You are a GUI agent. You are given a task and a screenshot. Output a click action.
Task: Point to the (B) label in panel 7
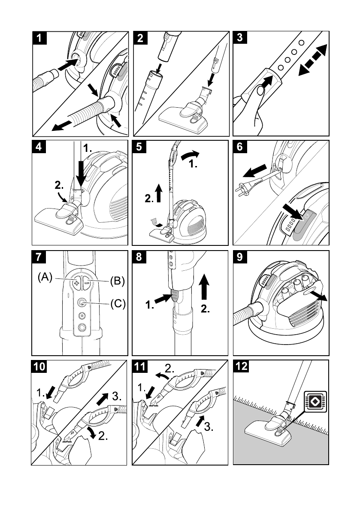coord(116,281)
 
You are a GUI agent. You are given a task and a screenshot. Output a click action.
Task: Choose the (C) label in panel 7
coord(117,304)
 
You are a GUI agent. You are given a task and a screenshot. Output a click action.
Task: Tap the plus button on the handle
coord(77,283)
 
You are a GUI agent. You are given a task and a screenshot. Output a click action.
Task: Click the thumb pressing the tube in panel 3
coord(258,90)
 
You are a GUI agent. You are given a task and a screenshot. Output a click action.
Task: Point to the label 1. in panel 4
coord(88,148)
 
